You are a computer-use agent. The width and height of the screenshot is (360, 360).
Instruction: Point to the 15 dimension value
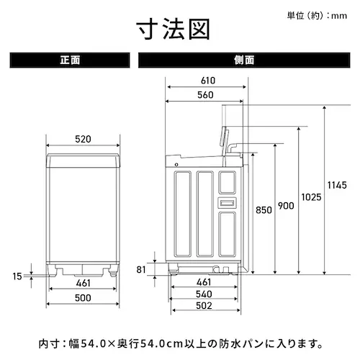17,275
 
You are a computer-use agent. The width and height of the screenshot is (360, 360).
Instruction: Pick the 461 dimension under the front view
84,283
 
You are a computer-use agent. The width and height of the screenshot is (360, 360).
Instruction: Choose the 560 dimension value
204,95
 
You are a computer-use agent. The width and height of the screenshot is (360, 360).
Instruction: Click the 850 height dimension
264,210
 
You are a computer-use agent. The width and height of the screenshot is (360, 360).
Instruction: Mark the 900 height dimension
286,207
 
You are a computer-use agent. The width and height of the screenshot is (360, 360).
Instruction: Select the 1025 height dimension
311,197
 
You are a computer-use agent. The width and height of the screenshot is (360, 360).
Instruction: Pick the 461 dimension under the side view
204,282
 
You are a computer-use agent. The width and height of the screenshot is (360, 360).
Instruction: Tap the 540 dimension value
204,294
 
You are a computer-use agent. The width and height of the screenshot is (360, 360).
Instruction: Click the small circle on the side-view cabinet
176,166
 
